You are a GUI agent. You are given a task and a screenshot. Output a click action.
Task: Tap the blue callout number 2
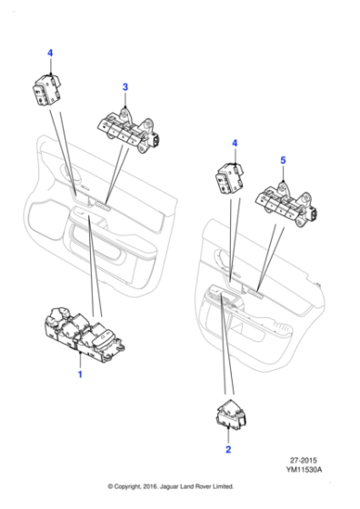coord(227,449)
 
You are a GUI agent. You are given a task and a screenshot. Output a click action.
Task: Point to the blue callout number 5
coord(283,161)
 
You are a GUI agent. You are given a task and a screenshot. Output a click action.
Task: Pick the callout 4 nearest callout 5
coord(235,143)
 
